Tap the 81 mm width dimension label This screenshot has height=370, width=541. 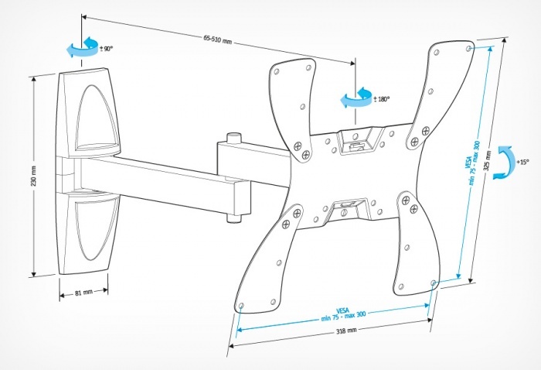tap(83, 293)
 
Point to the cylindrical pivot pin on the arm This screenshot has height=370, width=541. tap(233, 143)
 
